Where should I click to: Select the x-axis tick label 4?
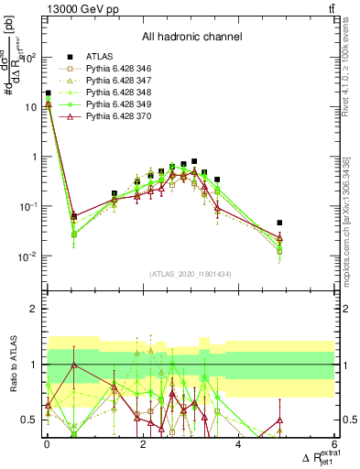(x=238, y=444)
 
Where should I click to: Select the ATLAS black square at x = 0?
(x=48, y=93)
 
